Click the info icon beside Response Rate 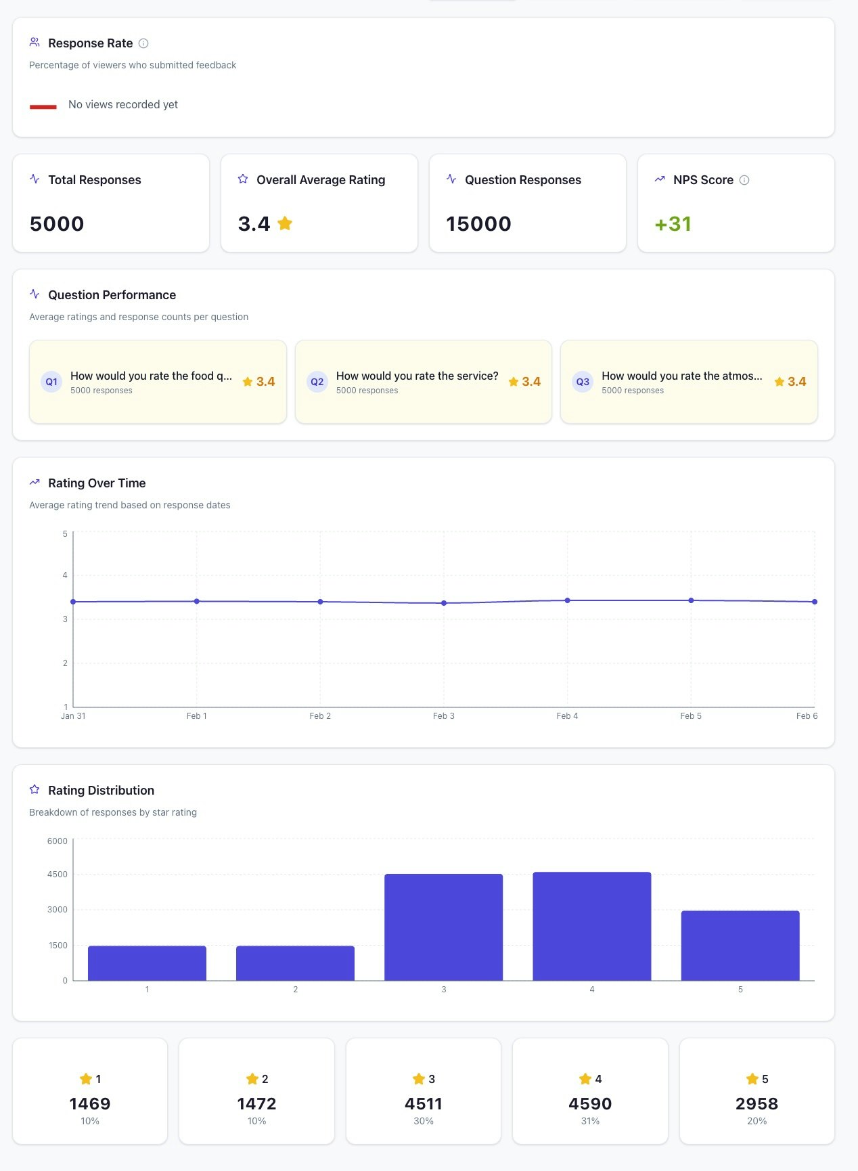(143, 43)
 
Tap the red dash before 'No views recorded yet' (43, 106)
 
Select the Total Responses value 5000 (57, 224)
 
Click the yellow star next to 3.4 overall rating (285, 223)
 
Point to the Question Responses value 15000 (478, 224)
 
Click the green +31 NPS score (673, 224)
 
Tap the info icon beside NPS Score (744, 180)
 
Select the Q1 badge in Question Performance (51, 382)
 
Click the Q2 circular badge (317, 382)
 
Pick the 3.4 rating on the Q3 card (796, 382)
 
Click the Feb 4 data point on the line (568, 600)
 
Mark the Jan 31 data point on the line (73, 602)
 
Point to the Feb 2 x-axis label (320, 716)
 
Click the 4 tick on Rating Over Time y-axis (65, 575)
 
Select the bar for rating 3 (444, 927)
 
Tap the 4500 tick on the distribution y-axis (58, 875)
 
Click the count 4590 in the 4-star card (590, 1104)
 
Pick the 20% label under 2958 (757, 1122)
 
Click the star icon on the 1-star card (86, 1078)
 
